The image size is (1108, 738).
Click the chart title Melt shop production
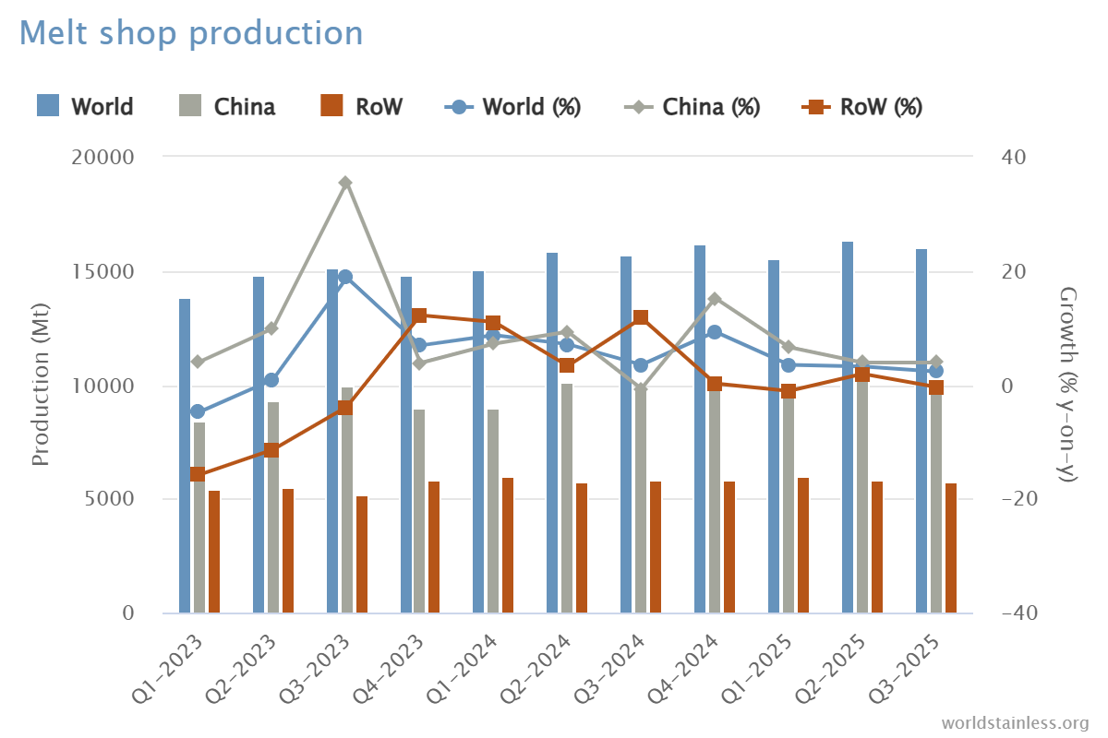pyautogui.click(x=191, y=33)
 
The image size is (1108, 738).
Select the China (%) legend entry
pyautogui.click(x=711, y=106)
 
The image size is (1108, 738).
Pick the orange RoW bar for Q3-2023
pyautogui.click(x=362, y=553)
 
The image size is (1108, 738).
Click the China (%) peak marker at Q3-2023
pyautogui.click(x=345, y=183)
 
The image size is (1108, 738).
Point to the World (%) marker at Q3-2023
pyautogui.click(x=345, y=277)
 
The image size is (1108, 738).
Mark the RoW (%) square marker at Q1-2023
pyautogui.click(x=198, y=474)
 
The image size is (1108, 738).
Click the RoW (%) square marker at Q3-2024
pyautogui.click(x=641, y=318)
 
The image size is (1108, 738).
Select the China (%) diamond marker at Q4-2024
pyautogui.click(x=715, y=299)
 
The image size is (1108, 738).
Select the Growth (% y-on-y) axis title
pyautogui.click(x=1068, y=386)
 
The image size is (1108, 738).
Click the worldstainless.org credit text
pyautogui.click(x=1015, y=721)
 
